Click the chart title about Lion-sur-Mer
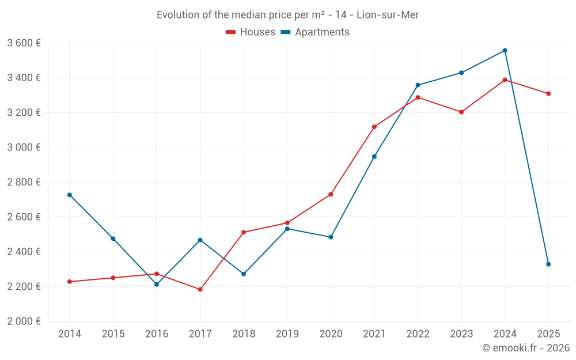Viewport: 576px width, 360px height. pyautogui.click(x=287, y=14)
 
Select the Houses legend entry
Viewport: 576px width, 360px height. pyautogui.click(x=251, y=32)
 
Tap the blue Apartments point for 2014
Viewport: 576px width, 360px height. pyautogui.click(x=70, y=195)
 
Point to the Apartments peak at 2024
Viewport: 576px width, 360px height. pyautogui.click(x=505, y=51)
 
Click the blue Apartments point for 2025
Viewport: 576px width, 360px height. pyautogui.click(x=548, y=264)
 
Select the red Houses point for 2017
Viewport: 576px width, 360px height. pyautogui.click(x=200, y=289)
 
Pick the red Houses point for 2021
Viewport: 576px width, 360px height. pyautogui.click(x=374, y=127)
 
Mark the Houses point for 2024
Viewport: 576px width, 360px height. pyautogui.click(x=505, y=79)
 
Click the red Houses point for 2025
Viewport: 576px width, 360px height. pyautogui.click(x=548, y=93)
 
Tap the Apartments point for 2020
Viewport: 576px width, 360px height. pyautogui.click(x=331, y=237)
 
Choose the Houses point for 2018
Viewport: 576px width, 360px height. pyautogui.click(x=244, y=232)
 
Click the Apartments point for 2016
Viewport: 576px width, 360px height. pyautogui.click(x=157, y=284)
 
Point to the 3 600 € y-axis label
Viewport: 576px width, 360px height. pyautogui.click(x=24, y=43)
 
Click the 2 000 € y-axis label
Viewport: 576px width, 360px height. pyautogui.click(x=24, y=321)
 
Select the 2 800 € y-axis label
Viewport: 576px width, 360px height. pyautogui.click(x=24, y=182)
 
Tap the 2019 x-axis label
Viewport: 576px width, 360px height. pyautogui.click(x=287, y=334)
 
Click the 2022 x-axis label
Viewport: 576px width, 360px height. pyautogui.click(x=418, y=334)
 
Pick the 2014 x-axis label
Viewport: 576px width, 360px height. pyautogui.click(x=70, y=334)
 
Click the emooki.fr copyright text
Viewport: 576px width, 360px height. pyautogui.click(x=525, y=348)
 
